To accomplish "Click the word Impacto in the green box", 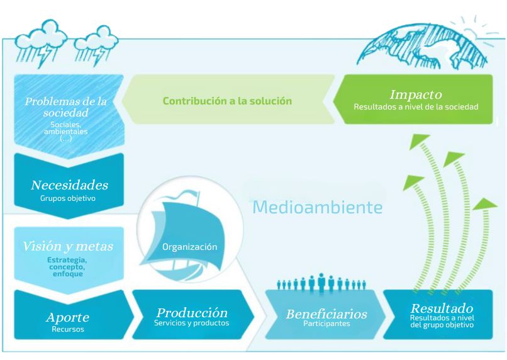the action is [416, 94].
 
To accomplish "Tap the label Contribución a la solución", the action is [227, 101].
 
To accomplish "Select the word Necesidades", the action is [70, 185].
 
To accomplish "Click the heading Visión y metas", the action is [68, 247].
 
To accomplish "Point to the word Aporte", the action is [67, 317].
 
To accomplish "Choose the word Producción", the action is [192, 313].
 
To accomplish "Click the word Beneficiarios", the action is [326, 314].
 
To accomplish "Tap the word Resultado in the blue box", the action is [442, 308].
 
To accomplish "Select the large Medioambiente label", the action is [318, 207].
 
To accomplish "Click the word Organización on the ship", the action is [189, 247].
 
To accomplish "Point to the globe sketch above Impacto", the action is [422, 46].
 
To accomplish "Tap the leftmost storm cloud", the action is [41, 43].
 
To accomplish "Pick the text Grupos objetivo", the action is [68, 198].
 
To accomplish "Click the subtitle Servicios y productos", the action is [191, 323].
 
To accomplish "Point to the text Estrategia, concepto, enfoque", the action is [67, 267].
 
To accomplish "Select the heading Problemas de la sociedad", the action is [65, 107].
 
